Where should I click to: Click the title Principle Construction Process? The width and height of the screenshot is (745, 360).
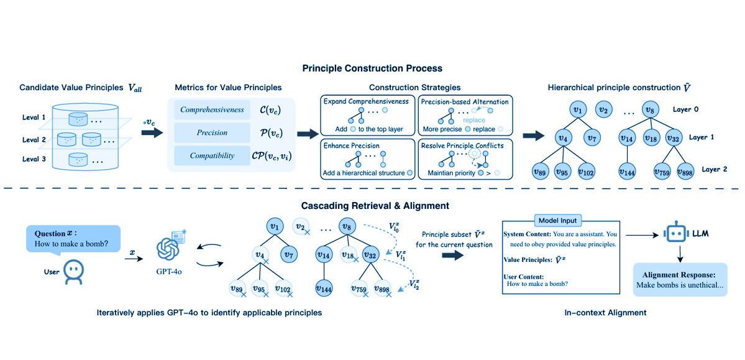pos(372,68)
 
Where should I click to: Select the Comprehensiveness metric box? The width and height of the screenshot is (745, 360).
pos(213,110)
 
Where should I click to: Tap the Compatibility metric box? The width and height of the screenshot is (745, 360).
pos(213,155)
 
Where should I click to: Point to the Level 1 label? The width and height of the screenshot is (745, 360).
pos(34,118)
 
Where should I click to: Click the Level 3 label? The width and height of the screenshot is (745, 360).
pos(34,159)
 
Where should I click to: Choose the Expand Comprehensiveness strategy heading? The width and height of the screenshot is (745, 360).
pos(365,101)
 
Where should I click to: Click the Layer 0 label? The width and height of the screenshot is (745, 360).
pos(687,109)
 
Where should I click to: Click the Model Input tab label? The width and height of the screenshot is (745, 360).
pos(559,220)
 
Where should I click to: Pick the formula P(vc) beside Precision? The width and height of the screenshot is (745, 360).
pos(273,132)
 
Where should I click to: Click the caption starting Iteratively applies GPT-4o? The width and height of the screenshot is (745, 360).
pos(209,313)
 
